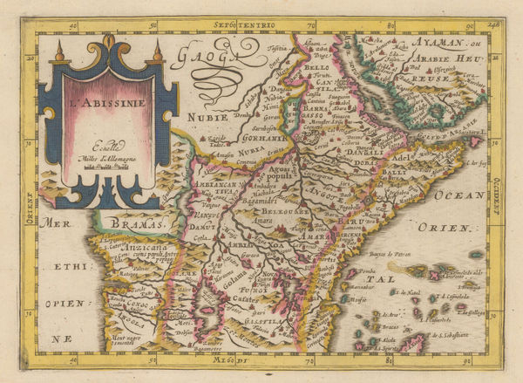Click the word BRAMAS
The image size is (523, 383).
[x=139, y=225]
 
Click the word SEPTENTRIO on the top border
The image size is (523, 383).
[x=261, y=29]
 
